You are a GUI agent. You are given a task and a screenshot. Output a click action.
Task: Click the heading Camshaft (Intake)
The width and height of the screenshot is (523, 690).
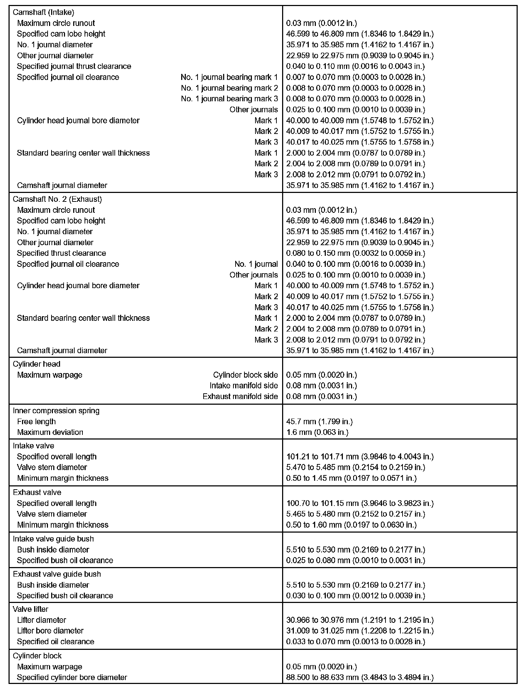[x=43, y=12]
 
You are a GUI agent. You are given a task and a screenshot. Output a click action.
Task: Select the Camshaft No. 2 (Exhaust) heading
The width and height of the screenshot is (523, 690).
[x=57, y=199]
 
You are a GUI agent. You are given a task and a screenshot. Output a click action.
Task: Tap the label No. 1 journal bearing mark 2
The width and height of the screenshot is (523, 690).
[x=229, y=88]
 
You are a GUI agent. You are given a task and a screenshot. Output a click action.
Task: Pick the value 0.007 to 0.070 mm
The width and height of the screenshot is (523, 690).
[x=355, y=77]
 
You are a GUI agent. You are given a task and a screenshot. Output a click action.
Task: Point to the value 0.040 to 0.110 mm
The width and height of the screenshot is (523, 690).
[x=355, y=66]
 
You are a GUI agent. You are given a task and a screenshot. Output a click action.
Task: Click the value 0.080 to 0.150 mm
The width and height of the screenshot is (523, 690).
[x=355, y=253]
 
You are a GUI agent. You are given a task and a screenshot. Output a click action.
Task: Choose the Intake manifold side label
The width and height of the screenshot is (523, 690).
[x=243, y=386]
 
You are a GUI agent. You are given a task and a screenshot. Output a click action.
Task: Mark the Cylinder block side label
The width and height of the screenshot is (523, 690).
[x=245, y=375]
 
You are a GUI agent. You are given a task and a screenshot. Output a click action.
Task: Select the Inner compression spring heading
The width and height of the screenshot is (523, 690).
[x=56, y=411]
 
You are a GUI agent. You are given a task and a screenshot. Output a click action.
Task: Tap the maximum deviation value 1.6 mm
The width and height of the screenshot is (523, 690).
[x=317, y=432]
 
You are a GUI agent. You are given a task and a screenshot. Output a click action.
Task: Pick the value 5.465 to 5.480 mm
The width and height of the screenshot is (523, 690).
[x=355, y=514]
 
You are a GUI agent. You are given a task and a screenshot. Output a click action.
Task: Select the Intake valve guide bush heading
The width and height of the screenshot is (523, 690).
[x=53, y=539]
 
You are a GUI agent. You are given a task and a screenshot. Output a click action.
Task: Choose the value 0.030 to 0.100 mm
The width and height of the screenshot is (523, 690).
[x=355, y=595]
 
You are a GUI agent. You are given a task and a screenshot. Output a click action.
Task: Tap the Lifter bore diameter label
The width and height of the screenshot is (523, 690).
[x=50, y=631]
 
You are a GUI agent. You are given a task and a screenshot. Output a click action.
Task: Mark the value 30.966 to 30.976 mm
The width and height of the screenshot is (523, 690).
[x=360, y=620]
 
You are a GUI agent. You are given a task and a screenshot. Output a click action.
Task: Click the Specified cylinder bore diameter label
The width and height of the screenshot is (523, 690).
[x=72, y=677]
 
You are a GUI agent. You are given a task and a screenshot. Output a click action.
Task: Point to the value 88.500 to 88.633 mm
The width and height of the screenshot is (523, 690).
[x=360, y=677]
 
